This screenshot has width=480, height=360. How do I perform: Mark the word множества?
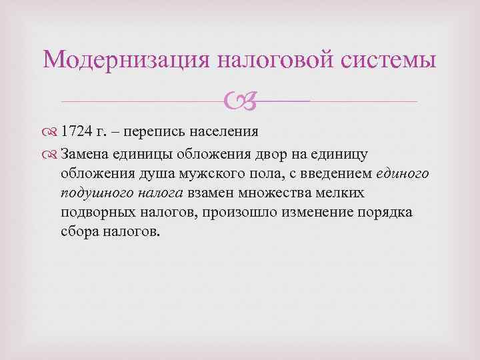[287, 193]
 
